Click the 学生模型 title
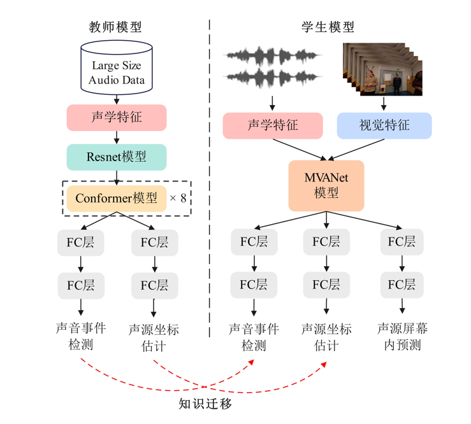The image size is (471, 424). (328, 27)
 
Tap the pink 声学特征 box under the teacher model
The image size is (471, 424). (117, 118)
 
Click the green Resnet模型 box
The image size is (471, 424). (117, 157)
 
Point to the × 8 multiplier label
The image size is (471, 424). (178, 198)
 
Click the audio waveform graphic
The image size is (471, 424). (273, 67)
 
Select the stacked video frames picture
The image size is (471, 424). (383, 69)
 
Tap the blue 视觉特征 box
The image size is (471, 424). (384, 126)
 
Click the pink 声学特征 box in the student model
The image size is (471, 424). (273, 126)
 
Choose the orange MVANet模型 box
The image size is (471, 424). (326, 185)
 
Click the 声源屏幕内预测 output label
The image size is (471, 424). (402, 337)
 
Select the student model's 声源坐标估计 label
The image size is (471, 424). (326, 337)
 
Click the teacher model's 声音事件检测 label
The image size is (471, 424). (81, 336)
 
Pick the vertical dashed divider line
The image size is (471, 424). (210, 178)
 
